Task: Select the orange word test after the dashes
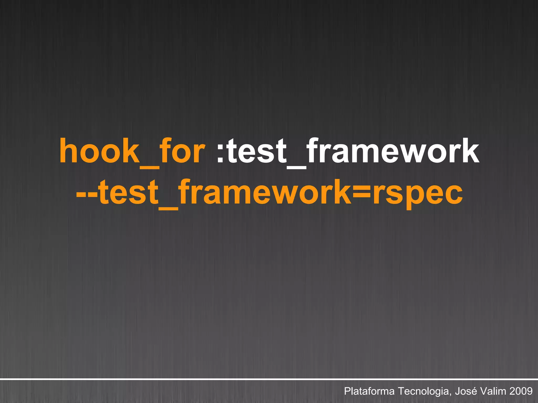point(129,193)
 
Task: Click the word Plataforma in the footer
point(369,391)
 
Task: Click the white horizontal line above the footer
point(269,379)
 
